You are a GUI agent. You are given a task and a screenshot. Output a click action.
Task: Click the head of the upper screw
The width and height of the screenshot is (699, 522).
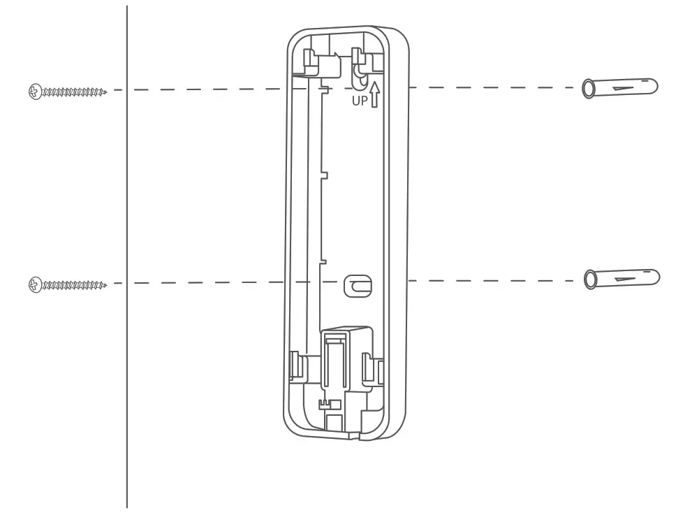[x=34, y=91]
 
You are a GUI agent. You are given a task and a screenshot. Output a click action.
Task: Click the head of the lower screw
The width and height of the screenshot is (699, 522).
[x=34, y=284]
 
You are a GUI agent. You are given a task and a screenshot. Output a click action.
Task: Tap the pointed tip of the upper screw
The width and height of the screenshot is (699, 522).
[x=105, y=91]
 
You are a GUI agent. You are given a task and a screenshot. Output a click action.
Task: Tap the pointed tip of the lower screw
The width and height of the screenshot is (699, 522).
[x=105, y=284]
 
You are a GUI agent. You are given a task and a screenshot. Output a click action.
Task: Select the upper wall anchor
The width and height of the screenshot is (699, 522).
[x=620, y=88]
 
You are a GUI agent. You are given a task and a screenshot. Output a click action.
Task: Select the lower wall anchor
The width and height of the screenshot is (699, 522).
[x=621, y=279]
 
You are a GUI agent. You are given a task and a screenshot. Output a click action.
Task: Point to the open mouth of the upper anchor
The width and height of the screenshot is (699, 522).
[x=588, y=89]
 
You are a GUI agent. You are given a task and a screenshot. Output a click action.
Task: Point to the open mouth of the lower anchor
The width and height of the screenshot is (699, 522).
[x=590, y=280]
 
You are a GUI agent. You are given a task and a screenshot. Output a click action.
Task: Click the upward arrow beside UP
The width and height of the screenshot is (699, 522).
[x=375, y=94]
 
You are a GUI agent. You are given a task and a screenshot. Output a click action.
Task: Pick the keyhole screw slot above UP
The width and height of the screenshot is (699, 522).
[x=360, y=76]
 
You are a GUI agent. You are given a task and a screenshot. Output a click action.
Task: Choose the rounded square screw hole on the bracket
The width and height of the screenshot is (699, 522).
[x=358, y=285]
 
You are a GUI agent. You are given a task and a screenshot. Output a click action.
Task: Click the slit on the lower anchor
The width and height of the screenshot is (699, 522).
[x=628, y=278]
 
